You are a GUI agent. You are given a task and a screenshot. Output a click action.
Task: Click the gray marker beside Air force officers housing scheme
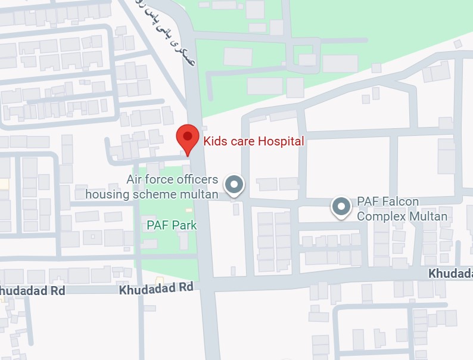click(x=234, y=185)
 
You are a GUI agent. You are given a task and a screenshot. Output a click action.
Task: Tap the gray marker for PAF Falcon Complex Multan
click(x=341, y=207)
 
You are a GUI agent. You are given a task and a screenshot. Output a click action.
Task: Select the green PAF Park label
click(x=172, y=225)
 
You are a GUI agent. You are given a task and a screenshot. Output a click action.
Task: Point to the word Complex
click(x=381, y=216)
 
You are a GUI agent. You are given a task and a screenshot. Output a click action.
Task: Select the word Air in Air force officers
click(x=135, y=179)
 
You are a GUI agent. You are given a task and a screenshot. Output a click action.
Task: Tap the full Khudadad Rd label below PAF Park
click(x=157, y=288)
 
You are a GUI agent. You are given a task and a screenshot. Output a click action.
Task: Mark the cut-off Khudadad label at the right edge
click(x=450, y=273)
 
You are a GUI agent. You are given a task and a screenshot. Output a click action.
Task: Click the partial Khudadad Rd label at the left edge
click(x=32, y=290)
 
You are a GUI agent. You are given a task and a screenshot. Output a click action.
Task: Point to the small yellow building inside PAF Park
click(x=189, y=210)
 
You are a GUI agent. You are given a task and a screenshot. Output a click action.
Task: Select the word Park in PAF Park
click(x=184, y=225)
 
